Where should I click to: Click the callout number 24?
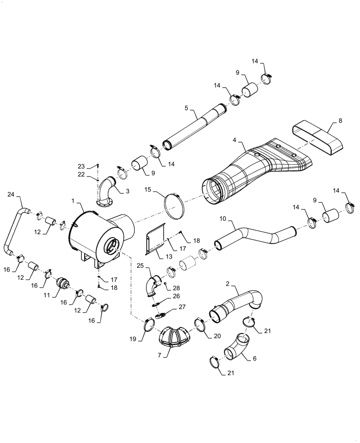coord(11,194)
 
